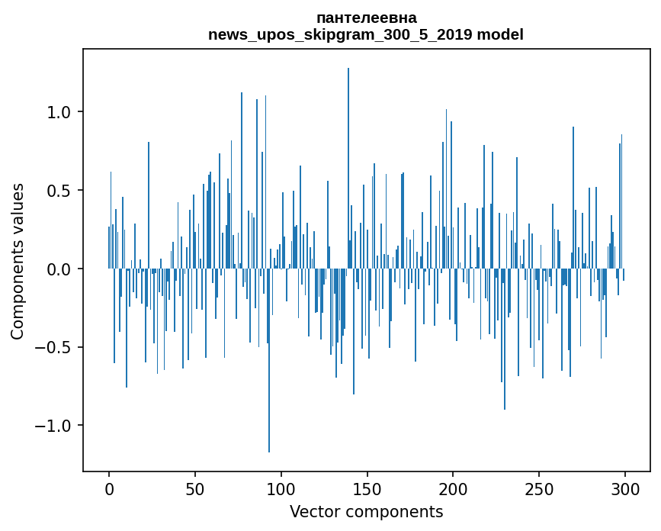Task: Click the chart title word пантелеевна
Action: coord(366,18)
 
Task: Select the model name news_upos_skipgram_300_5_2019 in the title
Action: coord(340,34)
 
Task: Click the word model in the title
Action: coord(500,34)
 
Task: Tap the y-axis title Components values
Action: coord(18,262)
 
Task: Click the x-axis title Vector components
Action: coord(366,512)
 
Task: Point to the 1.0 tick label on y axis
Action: coord(58,112)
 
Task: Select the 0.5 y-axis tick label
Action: coord(58,191)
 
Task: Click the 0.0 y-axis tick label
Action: coord(58,269)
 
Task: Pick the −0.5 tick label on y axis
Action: coord(53,348)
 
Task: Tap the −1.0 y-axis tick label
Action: coord(53,426)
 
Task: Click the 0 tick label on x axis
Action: coord(109,489)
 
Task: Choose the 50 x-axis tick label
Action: coord(194,489)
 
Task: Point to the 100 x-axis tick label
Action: coord(281,489)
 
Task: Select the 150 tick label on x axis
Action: coord(367,489)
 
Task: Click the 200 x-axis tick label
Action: coord(453,489)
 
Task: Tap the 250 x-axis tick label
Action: coord(539,489)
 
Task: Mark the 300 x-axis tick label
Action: coord(624,489)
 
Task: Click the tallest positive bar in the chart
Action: coord(348,169)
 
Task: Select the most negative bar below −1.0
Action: coord(269,361)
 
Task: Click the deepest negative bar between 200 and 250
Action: coord(505,339)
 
